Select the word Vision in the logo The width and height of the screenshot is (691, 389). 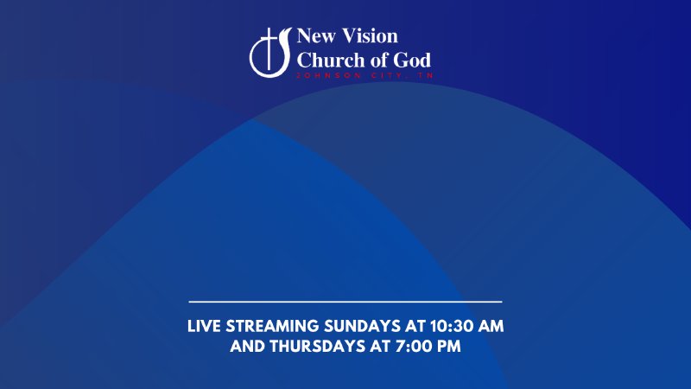tap(371, 37)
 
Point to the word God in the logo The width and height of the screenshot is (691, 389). tap(414, 60)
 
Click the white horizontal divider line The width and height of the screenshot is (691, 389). tap(345, 302)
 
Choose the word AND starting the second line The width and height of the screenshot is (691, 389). tap(248, 348)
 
